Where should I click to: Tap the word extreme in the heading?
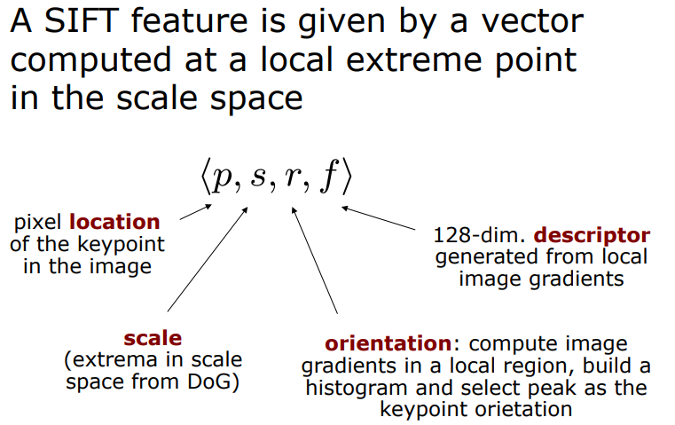421,60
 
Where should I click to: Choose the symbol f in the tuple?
327,177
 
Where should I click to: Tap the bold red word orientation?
388,343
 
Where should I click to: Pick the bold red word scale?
153,338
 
